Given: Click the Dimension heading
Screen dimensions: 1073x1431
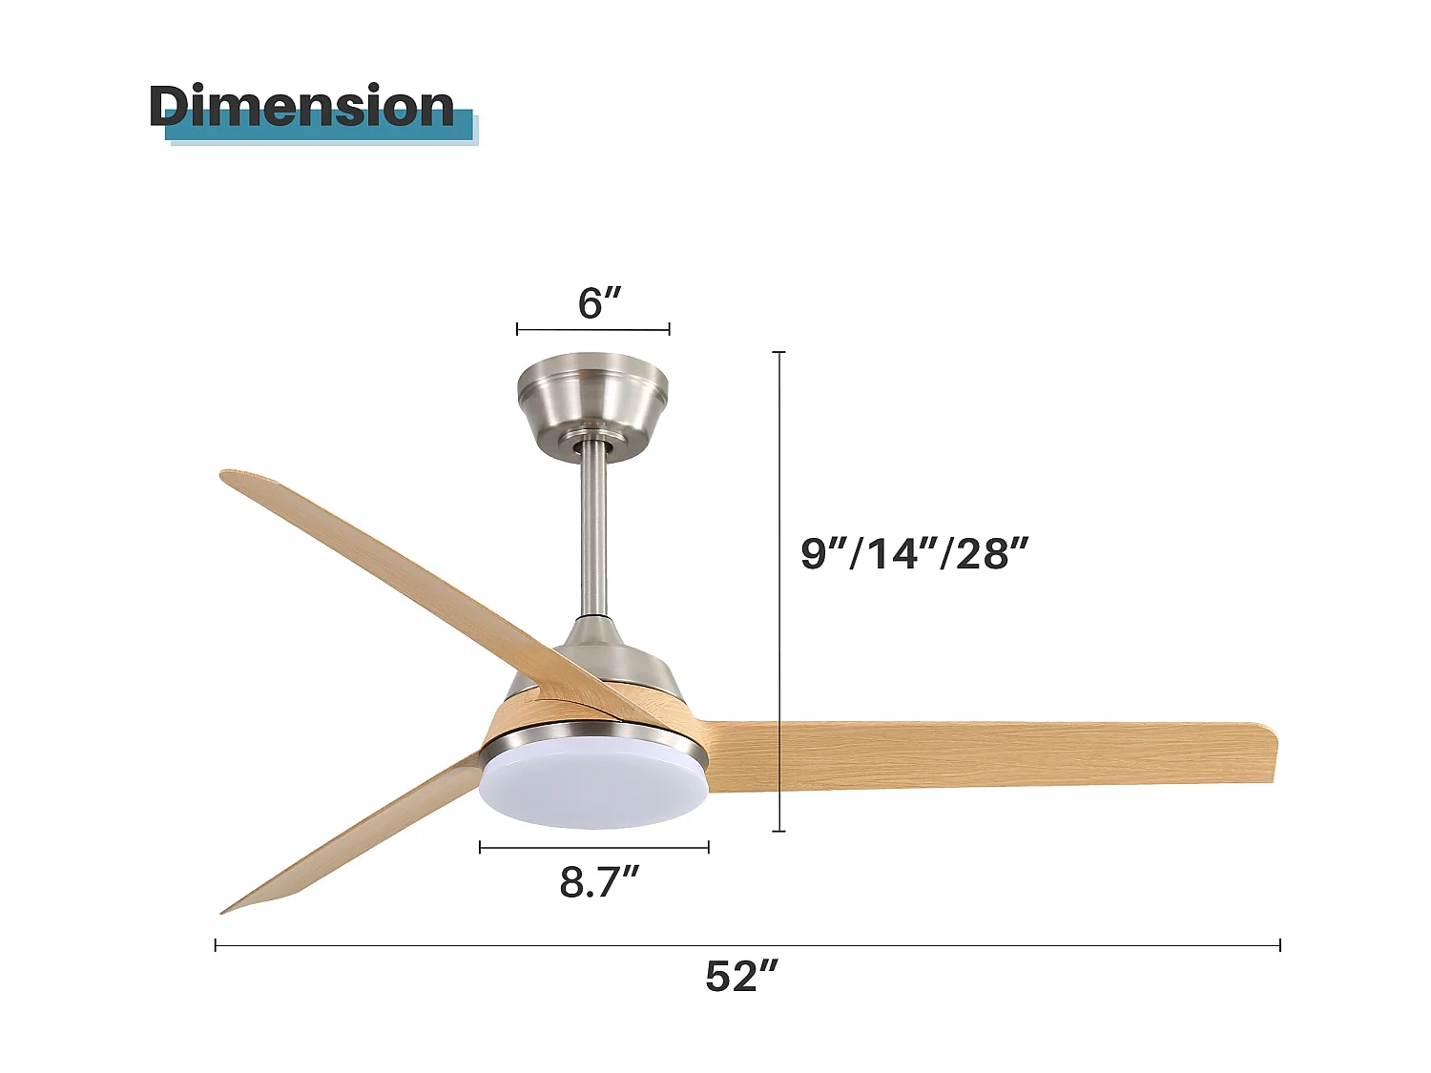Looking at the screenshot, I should (301, 106).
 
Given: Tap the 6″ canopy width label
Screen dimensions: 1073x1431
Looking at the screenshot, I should (599, 303).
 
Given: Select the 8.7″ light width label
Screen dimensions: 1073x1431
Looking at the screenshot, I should (599, 882).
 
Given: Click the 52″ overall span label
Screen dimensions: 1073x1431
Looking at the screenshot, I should (742, 977).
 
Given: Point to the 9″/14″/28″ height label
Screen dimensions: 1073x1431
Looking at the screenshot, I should (915, 553).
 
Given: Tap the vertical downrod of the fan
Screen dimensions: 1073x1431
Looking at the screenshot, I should (593, 534).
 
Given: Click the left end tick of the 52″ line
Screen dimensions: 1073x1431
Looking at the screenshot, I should (217, 945).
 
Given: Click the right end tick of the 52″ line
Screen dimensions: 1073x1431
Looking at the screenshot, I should (1279, 945).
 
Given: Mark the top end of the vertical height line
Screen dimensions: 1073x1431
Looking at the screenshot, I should (779, 353).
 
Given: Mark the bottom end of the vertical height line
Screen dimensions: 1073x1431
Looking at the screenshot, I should (779, 831).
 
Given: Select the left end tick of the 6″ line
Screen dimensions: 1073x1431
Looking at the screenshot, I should (517, 329).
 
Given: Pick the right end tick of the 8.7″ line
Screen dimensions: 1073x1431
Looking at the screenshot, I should (708, 846).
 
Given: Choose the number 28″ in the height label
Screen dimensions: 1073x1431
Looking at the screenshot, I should (992, 553).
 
